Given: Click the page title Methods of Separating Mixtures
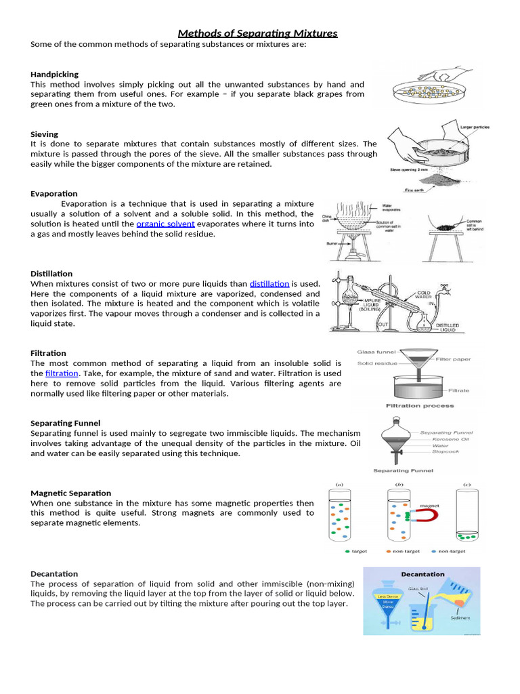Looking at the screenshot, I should (257, 33).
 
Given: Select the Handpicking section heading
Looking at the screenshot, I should (55, 74).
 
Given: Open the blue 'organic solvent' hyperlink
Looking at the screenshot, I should (165, 224).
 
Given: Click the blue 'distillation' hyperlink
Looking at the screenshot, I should (269, 283).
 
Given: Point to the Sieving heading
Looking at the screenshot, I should (45, 134).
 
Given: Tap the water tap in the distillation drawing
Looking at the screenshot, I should (445, 287).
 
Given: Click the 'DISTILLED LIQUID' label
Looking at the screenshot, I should (447, 327).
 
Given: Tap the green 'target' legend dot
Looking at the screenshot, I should (348, 551).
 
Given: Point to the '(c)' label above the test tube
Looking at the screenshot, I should (467, 484).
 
